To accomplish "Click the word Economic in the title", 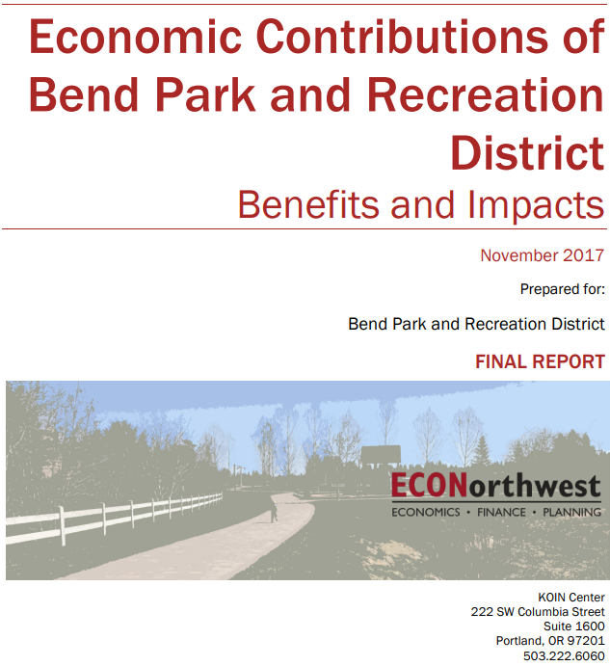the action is (x=135, y=37).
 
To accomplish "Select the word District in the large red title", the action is (x=527, y=153).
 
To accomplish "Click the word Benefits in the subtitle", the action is (x=308, y=204).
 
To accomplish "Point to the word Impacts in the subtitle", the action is (x=536, y=206).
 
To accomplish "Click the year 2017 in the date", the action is (x=583, y=255).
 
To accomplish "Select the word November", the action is (x=519, y=255).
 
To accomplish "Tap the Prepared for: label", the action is (x=563, y=289).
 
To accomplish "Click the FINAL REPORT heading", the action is (x=540, y=361).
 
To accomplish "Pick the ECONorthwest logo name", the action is (x=495, y=486).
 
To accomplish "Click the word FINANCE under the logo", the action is (x=501, y=512).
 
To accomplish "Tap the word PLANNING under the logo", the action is (x=571, y=512).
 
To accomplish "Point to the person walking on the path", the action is (x=274, y=511).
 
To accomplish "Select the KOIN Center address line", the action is (x=570, y=598).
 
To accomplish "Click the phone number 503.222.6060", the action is (x=564, y=655).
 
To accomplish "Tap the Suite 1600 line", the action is (x=574, y=626).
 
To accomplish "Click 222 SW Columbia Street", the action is (x=538, y=612).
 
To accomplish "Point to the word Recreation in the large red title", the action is (x=485, y=94).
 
